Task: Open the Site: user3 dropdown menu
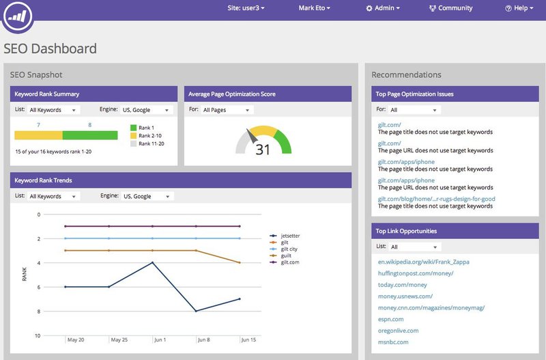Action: pos(246,8)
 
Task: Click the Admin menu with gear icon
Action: pos(383,8)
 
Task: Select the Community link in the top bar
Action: pos(450,8)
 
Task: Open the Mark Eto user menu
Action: pos(315,8)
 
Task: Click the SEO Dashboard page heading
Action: pos(51,49)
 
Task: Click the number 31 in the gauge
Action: pos(263,150)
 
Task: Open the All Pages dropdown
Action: pos(227,110)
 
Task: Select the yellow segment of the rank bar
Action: pos(38,135)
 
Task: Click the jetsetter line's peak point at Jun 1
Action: pos(152,262)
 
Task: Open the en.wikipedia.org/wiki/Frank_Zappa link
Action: pos(423,262)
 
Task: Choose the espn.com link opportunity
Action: pos(390,319)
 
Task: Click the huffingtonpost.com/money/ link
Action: pos(415,273)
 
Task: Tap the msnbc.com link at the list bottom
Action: pos(393,342)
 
